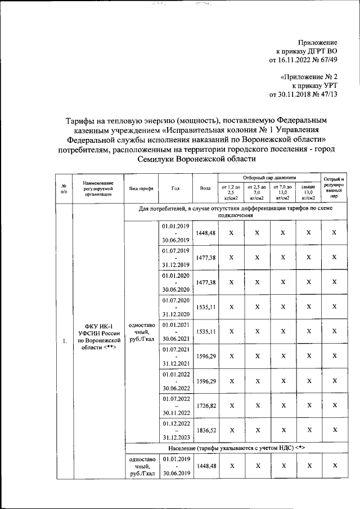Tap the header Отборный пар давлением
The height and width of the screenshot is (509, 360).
268,177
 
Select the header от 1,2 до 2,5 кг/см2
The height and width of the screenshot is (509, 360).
231,192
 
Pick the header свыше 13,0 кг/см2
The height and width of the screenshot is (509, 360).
308,192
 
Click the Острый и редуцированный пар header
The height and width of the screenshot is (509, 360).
334,188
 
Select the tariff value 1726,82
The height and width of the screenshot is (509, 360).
205,404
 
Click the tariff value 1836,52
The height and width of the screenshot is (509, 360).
205,430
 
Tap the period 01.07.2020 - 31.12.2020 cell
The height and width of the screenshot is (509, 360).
176,308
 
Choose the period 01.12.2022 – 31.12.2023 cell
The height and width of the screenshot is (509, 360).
176,430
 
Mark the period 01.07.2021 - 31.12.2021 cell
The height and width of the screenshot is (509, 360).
176,356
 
